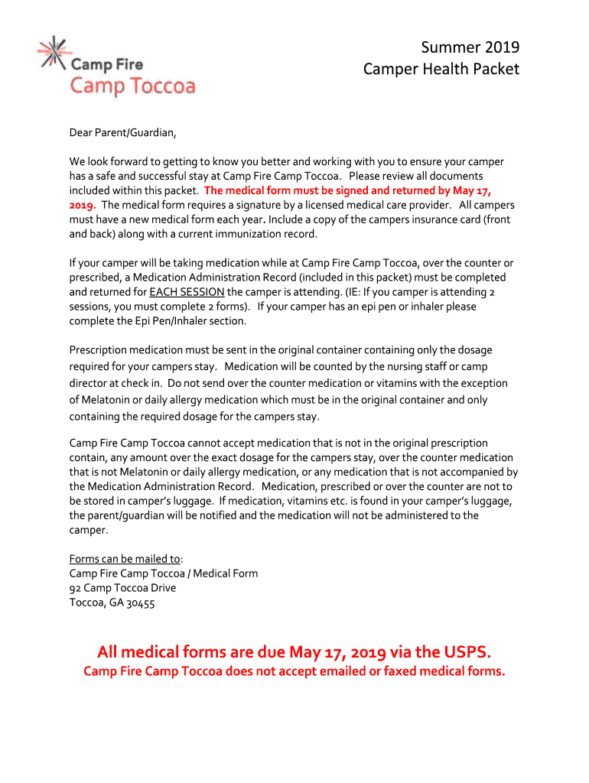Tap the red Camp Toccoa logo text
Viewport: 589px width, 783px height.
pyautogui.click(x=133, y=86)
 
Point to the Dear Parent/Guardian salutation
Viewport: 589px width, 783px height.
pyautogui.click(x=122, y=133)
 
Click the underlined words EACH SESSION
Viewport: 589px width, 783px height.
pyautogui.click(x=187, y=292)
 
